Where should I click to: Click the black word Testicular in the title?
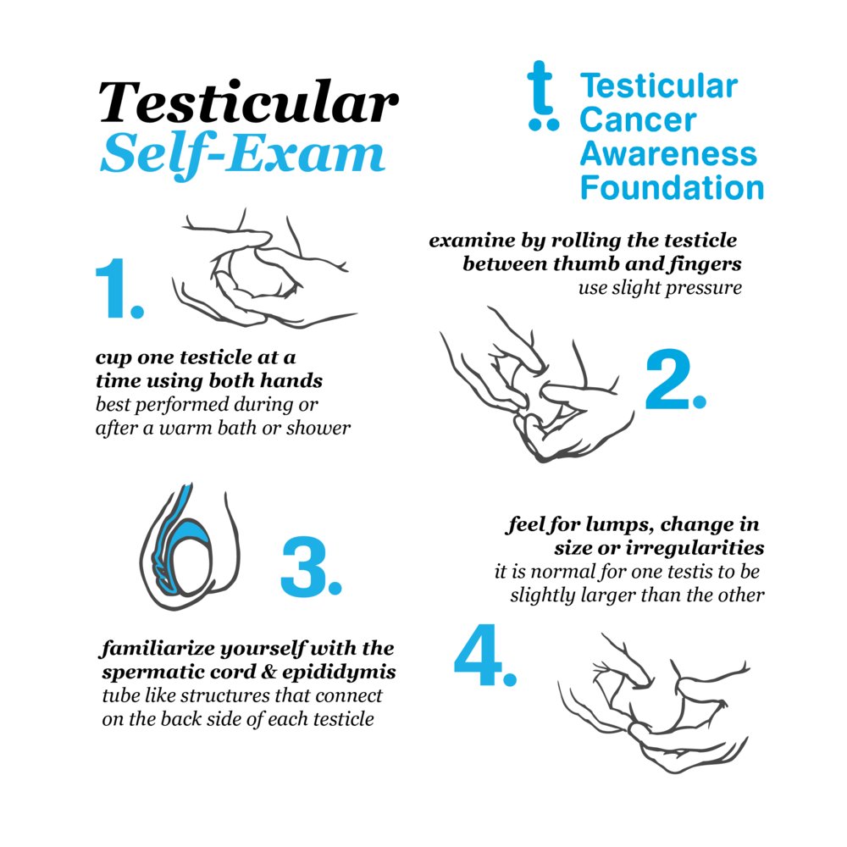point(248,103)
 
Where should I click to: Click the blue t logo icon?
point(542,99)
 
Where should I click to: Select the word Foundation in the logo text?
point(672,187)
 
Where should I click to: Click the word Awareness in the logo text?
point(668,153)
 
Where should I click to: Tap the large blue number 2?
point(674,381)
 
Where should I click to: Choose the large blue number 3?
point(310,567)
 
